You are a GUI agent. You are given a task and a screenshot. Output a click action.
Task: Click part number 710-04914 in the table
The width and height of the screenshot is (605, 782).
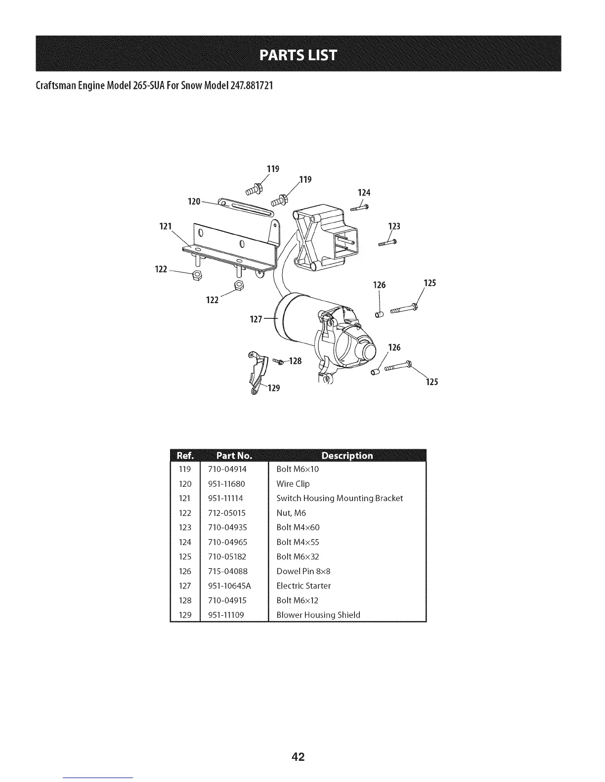point(227,469)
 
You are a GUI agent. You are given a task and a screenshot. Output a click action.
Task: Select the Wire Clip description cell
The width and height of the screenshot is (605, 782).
point(293,484)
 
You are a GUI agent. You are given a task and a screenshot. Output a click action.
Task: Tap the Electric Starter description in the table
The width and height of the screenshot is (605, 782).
point(303,586)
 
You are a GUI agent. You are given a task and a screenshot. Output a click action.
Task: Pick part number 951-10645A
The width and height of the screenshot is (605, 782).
point(229,586)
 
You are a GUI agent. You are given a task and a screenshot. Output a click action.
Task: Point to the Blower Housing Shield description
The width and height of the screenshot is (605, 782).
point(318,615)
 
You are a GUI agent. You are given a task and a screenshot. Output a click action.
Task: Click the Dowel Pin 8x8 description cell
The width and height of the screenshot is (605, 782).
point(303,571)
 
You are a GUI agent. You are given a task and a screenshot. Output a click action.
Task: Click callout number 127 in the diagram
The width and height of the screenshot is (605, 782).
point(256,319)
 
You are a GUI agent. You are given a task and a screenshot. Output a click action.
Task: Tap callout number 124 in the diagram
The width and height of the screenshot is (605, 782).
point(364,193)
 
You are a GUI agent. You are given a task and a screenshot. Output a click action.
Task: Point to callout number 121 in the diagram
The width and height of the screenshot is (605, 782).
point(165,227)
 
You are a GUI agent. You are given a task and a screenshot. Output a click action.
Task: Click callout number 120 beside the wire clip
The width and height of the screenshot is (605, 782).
point(194,201)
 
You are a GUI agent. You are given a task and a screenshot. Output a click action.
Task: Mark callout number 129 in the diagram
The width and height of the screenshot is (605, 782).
point(274,389)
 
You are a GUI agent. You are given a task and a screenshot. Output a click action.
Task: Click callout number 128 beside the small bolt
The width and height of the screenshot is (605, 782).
point(295,361)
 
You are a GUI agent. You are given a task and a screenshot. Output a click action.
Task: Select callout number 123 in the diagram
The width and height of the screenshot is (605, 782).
point(394,227)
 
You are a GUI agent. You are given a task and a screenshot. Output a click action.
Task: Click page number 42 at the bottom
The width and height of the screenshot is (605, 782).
point(298,756)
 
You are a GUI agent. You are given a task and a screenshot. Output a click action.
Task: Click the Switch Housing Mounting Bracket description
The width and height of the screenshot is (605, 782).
point(340,498)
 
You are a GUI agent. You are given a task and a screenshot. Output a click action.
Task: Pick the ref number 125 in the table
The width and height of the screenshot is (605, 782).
point(185,557)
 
